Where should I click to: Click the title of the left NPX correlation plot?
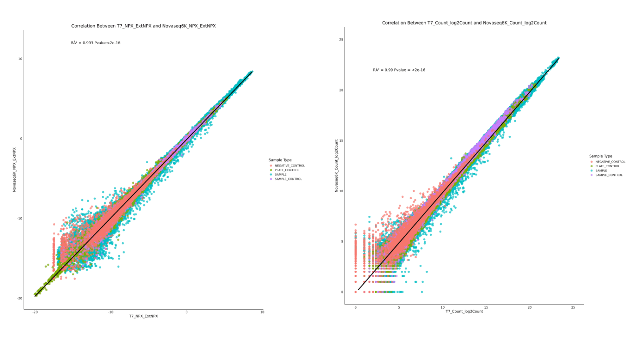[143, 26]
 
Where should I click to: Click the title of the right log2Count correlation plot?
[464, 23]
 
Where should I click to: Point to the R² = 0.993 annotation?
[95, 43]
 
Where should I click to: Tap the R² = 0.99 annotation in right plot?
[399, 70]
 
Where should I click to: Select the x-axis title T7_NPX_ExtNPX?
[143, 316]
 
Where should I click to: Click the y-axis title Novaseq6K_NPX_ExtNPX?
[15, 169]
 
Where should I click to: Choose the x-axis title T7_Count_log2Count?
[464, 312]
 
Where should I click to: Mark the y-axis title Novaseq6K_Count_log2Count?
[336, 166]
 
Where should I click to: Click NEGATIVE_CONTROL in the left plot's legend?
[289, 166]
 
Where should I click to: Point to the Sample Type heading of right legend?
[600, 156]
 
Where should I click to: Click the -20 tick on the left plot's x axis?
[35, 312]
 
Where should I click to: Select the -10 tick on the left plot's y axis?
[19, 218]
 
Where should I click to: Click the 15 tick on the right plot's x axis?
[486, 308]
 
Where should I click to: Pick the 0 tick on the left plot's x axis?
[187, 312]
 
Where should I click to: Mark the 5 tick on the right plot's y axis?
[341, 241]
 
